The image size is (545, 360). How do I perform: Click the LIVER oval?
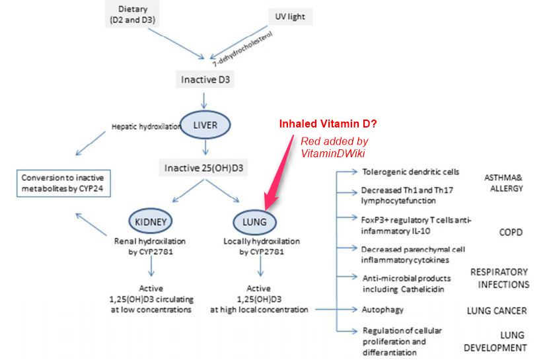coord(205,124)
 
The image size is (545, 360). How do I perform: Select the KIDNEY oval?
coord(152,221)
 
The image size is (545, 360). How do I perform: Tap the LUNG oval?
coord(254,221)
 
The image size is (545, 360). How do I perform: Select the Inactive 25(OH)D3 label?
coord(205,168)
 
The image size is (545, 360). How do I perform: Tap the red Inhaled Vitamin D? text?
coord(328,124)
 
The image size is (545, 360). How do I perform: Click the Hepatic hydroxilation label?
coord(145,126)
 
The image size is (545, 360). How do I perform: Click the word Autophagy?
coord(382,308)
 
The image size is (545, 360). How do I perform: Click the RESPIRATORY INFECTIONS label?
coord(499,278)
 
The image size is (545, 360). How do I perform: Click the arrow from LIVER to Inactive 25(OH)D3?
coord(205,147)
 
